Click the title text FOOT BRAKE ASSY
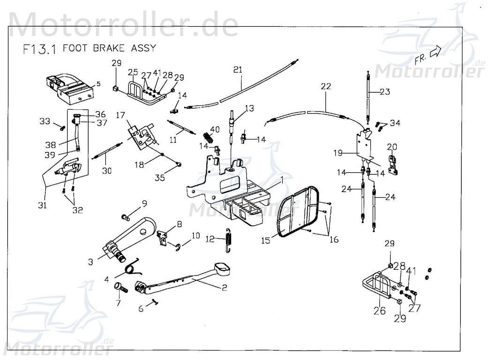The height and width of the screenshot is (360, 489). (109, 48)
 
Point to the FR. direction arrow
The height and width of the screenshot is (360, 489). (436, 52)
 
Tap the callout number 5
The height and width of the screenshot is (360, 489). (98, 84)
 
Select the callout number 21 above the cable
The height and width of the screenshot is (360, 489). (238, 70)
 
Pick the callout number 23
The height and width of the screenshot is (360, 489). (384, 92)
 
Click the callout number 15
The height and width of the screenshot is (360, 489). (266, 240)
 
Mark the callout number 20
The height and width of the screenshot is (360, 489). (391, 147)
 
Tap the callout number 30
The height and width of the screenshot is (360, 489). (107, 171)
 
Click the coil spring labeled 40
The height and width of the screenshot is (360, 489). (209, 138)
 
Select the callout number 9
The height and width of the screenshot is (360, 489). (144, 203)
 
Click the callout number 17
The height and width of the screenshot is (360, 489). (120, 115)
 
